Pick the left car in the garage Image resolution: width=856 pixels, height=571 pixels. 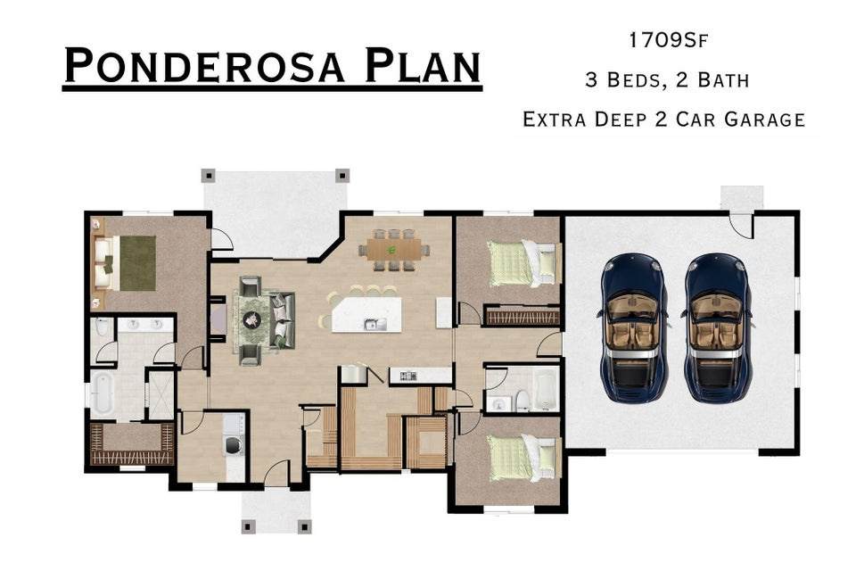click(633, 326)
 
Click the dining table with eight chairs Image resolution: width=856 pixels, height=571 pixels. click(394, 249)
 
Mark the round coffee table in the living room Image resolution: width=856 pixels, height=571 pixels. click(251, 319)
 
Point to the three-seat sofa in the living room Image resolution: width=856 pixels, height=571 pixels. click(284, 319)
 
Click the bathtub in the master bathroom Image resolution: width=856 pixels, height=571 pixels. click(103, 393)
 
